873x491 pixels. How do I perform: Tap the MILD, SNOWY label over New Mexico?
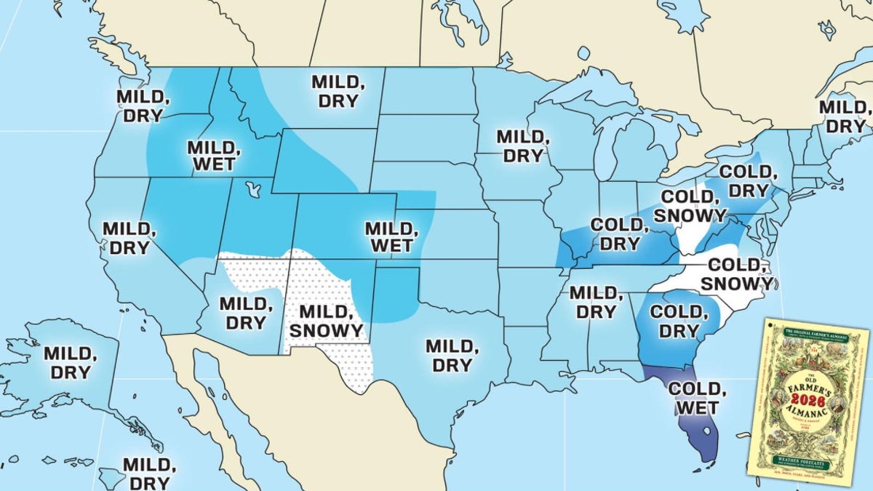coord(326,322)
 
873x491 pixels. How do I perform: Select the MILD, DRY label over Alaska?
coord(71,362)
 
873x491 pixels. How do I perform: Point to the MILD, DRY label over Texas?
coord(452,356)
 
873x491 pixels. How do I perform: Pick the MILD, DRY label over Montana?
coord(338,91)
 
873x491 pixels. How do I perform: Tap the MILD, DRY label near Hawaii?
coord(149,473)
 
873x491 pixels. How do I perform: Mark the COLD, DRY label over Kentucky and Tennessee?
coord(618,234)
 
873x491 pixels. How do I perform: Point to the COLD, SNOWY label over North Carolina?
coord(738,274)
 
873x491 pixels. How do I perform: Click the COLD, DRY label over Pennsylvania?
coord(745,181)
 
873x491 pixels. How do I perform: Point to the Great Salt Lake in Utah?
coord(253,190)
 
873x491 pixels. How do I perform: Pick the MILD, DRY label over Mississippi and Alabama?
coord(595,302)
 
